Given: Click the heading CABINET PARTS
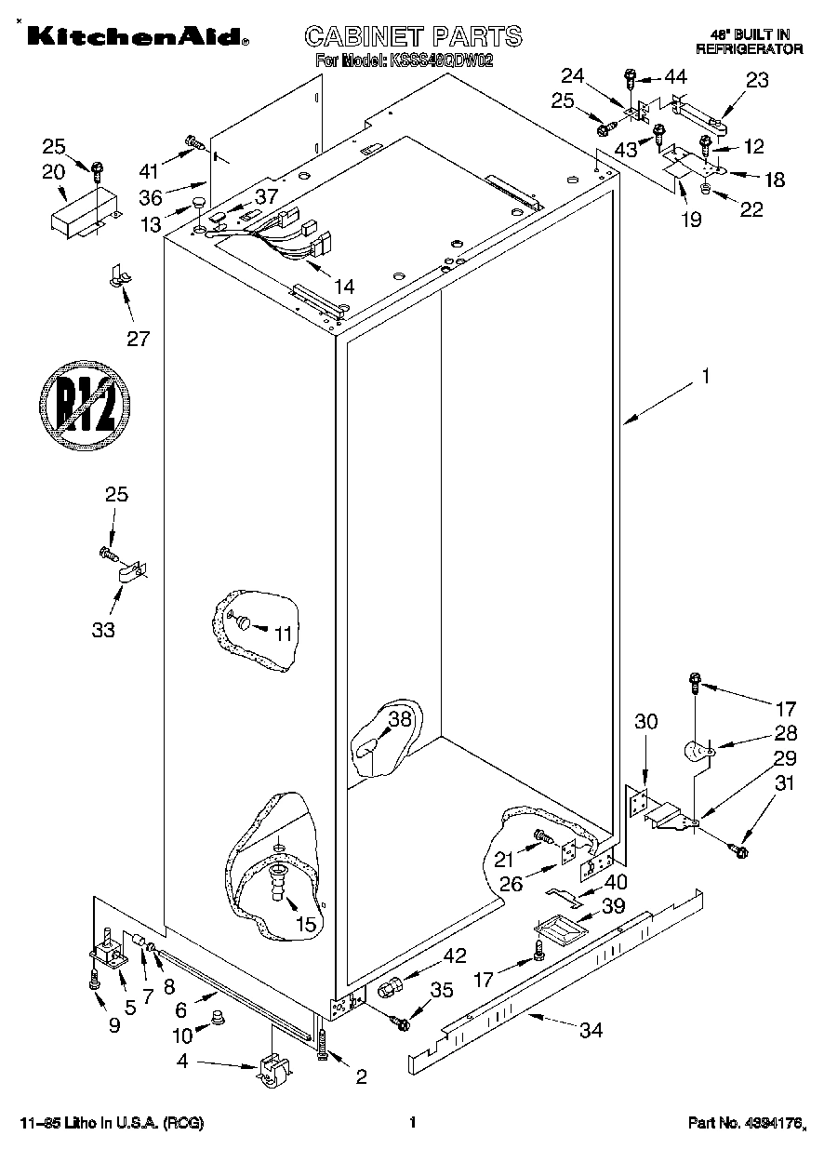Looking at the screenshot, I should [414, 36].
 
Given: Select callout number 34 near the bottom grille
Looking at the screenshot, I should [591, 1030].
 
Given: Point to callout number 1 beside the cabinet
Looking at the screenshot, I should [706, 377].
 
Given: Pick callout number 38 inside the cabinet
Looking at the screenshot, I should [399, 718].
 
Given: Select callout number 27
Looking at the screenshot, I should [138, 338].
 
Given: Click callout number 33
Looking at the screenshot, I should [103, 630].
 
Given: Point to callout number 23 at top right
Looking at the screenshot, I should [757, 80].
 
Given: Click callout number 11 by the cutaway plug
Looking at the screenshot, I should [283, 633].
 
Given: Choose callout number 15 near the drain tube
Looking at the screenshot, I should [305, 925].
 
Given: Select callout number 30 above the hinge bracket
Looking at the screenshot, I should [646, 720].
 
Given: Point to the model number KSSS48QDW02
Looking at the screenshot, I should [441, 62].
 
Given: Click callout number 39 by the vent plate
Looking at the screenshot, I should [612, 905].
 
